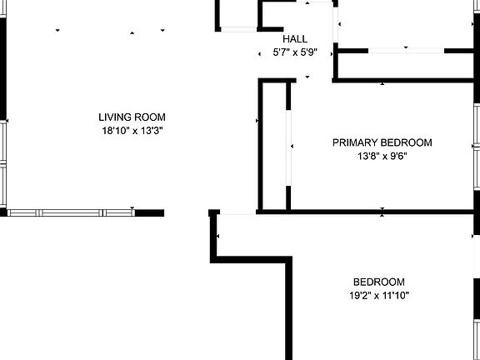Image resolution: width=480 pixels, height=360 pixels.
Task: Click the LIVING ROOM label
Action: (132, 117)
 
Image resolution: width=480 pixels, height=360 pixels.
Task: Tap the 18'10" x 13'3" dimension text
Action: (132, 131)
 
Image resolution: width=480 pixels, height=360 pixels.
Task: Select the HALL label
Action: (295, 39)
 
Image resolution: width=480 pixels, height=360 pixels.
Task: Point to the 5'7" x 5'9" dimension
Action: (295, 52)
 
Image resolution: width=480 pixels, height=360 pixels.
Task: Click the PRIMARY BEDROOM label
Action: (382, 142)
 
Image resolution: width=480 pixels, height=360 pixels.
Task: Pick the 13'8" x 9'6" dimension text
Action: (382, 157)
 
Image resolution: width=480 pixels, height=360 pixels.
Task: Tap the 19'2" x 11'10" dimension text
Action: (379, 296)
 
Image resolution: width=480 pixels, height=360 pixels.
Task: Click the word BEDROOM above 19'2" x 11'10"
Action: (379, 282)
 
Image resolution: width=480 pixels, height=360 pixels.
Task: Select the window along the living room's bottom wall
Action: (71, 212)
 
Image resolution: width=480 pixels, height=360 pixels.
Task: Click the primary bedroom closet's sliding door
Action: (288, 147)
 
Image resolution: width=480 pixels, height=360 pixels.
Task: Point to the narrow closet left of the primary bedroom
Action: (274, 147)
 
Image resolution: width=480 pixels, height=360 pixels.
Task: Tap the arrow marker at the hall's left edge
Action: (259, 54)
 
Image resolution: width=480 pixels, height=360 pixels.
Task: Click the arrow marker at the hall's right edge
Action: (332, 54)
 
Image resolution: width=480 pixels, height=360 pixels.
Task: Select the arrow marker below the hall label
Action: (307, 77)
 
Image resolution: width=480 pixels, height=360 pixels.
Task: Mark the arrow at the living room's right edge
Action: (257, 121)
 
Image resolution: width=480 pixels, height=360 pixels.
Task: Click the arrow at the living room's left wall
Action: (7, 121)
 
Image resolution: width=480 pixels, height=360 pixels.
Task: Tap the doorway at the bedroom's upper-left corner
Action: (237, 212)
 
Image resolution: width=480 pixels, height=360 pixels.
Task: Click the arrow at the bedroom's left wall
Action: (217, 236)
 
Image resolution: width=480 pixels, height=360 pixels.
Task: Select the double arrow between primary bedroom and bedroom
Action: (382, 212)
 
